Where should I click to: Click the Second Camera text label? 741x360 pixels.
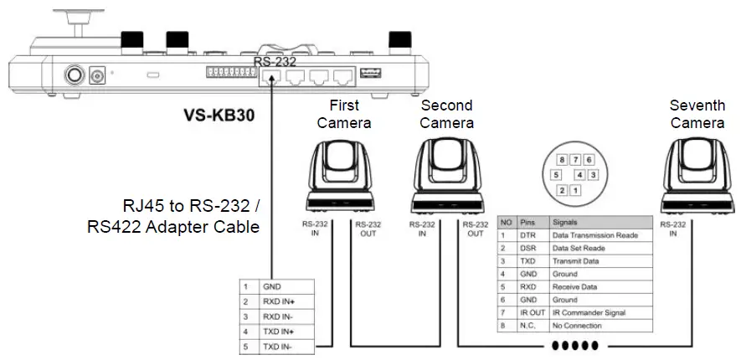446,114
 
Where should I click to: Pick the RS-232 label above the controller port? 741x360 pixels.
275,61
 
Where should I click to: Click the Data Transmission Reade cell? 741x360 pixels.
594,235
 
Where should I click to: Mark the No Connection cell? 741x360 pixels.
577,325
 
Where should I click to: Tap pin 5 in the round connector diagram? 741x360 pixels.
555,175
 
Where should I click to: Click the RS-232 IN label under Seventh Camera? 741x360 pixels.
672,229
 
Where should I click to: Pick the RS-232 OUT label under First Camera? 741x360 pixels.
368,229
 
